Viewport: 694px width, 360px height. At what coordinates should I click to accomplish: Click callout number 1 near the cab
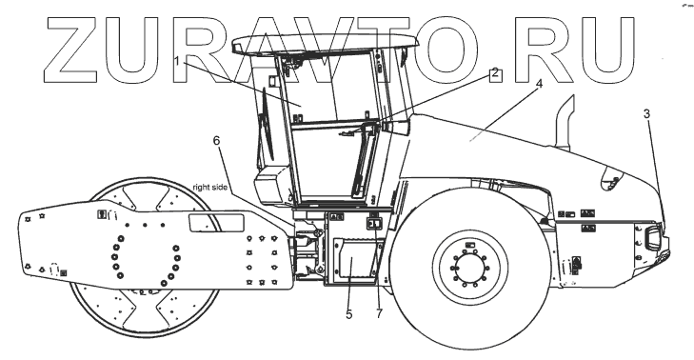tap(177, 61)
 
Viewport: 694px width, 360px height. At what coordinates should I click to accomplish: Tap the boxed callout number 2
tap(495, 73)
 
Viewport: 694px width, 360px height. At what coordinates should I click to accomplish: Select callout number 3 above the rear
tap(646, 113)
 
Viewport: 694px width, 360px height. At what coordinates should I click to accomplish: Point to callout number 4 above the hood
tap(539, 83)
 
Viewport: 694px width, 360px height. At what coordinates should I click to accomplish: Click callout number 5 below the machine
tap(349, 314)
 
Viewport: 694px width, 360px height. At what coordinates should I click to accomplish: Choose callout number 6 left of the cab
tap(216, 140)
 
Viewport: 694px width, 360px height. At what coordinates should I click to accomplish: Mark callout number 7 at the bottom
tap(379, 313)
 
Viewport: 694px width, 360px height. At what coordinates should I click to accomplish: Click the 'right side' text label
tap(210, 188)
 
